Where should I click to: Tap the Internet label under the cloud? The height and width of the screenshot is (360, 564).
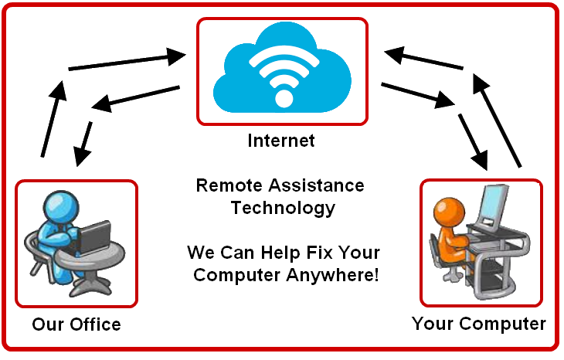[281, 141]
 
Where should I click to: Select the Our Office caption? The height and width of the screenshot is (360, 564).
[76, 324]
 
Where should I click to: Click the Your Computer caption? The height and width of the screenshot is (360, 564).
[478, 323]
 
